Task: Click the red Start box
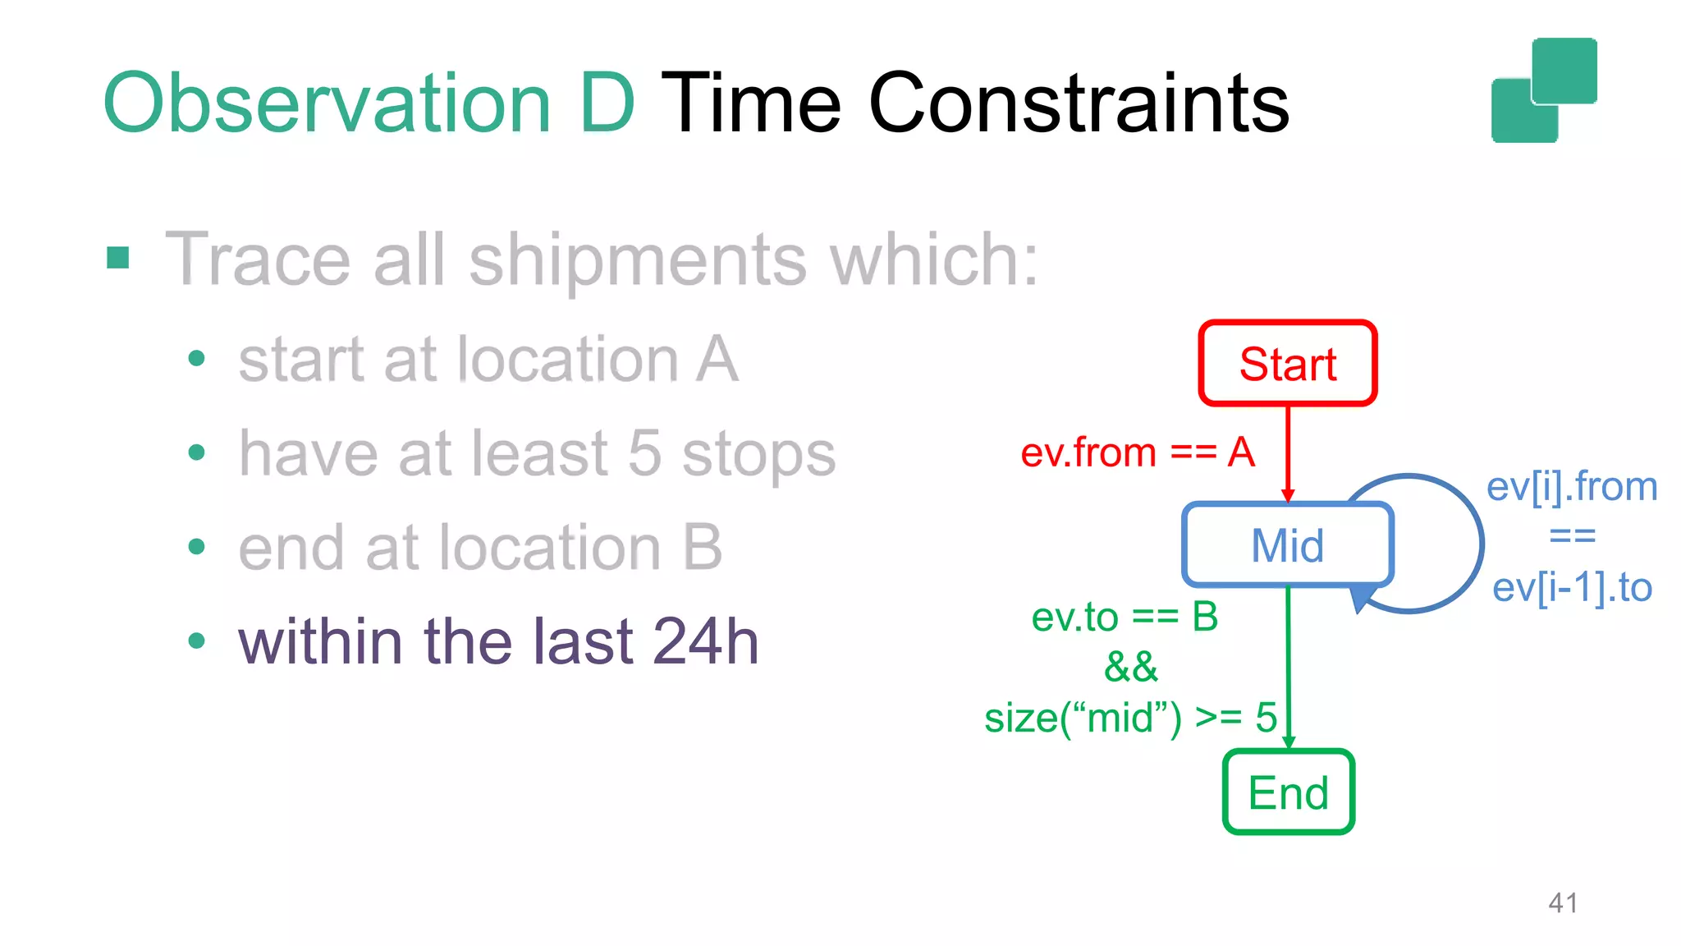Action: tap(1287, 363)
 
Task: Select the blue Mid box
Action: tap(1287, 544)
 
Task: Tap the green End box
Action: tap(1288, 792)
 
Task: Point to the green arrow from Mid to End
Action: tap(1288, 665)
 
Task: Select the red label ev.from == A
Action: tap(1137, 452)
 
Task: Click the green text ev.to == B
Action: tap(1124, 617)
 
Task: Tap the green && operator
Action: tap(1130, 667)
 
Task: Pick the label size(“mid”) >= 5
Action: tap(1130, 718)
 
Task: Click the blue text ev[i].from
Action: tap(1572, 487)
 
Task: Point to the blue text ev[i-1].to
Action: tap(1572, 588)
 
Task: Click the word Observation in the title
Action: tap(326, 103)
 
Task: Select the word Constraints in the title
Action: tap(1079, 103)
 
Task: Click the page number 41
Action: tap(1562, 903)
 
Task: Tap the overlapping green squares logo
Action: tap(1544, 90)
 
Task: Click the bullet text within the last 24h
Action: tap(498, 641)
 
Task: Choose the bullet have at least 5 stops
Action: tap(537, 453)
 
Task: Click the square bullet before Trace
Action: tap(118, 259)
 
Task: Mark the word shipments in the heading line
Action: tap(638, 259)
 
